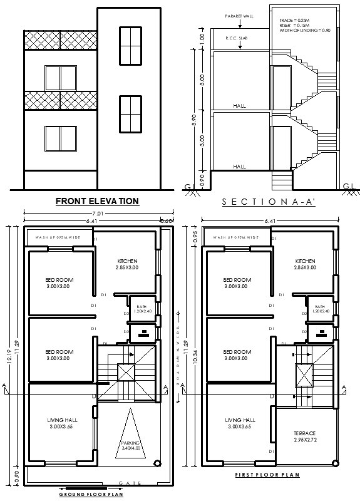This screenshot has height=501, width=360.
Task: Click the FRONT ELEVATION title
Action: tap(97, 201)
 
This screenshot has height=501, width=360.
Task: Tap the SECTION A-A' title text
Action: tap(267, 202)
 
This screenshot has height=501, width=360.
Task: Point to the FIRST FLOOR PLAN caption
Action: tap(267, 475)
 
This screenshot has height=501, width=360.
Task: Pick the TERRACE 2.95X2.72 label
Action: tap(304, 436)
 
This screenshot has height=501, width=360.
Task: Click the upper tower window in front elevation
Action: tap(130, 45)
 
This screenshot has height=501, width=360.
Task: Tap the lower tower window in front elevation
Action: tap(130, 114)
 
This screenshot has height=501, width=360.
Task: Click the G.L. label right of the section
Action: tap(349, 185)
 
